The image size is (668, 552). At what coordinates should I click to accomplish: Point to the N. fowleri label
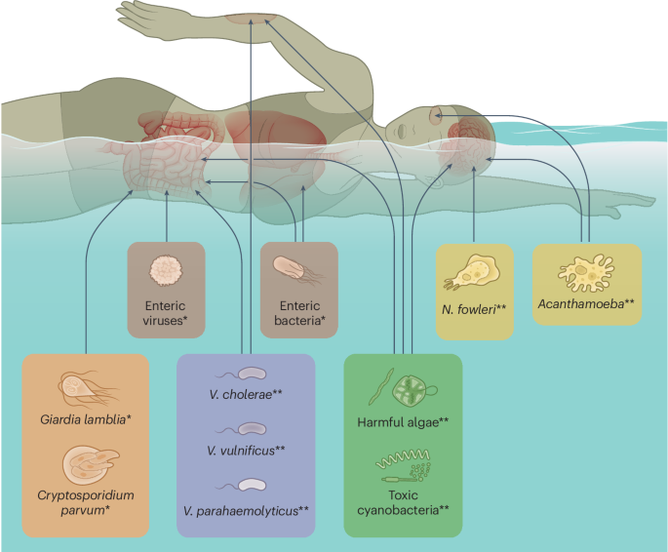coord(473,309)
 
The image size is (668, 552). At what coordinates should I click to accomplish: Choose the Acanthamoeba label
coord(586,304)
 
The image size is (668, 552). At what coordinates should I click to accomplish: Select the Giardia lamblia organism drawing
coord(85,387)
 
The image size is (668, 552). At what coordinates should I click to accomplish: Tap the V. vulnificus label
coord(245,450)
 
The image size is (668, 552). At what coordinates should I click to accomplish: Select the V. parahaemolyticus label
coord(245,509)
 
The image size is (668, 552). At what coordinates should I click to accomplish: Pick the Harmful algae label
coord(402,421)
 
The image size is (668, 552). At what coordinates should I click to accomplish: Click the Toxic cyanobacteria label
coord(402,501)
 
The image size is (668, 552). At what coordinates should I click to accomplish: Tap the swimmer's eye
coord(437,115)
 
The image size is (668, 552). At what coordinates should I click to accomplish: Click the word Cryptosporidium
coord(86,494)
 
